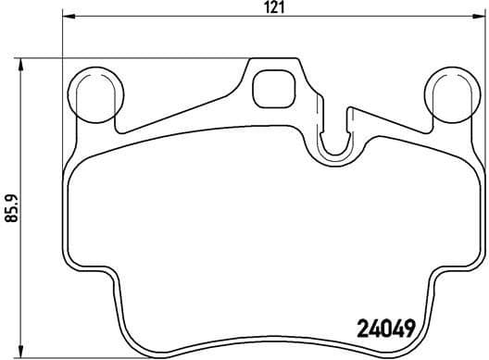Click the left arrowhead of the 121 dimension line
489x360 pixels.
click(68, 18)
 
